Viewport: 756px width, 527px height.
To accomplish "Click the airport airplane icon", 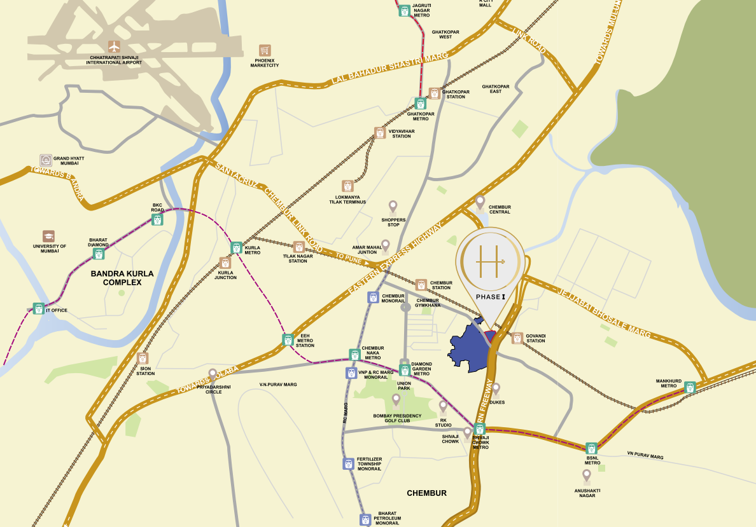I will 115,46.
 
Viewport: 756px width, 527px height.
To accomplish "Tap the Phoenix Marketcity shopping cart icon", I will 265,51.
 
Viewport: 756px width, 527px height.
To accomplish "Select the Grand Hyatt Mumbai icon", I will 46,160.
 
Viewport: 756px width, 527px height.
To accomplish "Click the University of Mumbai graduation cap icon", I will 48,236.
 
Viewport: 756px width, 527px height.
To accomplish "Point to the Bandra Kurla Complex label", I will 122,278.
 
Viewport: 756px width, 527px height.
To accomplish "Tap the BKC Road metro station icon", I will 157,219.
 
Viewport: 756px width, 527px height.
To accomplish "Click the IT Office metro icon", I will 39,309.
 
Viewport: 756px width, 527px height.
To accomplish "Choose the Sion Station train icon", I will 143,359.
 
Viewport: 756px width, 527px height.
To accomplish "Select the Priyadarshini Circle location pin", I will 213,374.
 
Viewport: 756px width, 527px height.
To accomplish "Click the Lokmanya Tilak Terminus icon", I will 347,186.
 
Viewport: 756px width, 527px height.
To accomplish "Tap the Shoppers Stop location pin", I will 393,206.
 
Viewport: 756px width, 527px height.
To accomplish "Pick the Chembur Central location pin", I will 480,202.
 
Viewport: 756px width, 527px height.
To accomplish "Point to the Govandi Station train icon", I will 517,338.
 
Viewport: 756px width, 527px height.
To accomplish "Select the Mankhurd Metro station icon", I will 690,387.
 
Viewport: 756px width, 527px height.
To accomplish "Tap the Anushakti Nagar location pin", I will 587,475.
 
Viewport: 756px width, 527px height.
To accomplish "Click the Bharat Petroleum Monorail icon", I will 365,519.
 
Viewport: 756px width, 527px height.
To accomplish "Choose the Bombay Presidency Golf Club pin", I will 396,399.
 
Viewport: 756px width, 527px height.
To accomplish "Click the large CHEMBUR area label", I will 426,493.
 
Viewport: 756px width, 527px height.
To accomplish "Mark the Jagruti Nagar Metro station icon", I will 404,10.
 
